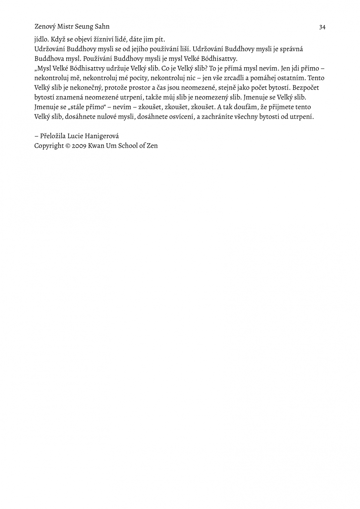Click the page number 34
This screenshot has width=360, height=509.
(x=322, y=27)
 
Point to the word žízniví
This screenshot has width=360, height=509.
(x=104, y=39)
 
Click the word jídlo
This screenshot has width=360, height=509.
(x=42, y=39)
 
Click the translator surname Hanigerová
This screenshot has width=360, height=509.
(x=102, y=136)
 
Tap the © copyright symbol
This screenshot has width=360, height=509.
(x=68, y=146)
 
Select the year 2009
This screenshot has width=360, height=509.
(x=79, y=146)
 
